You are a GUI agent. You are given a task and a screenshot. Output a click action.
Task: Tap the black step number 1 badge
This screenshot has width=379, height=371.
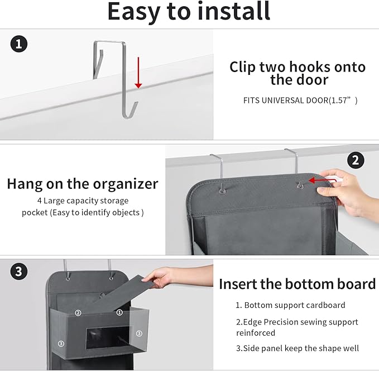(x=20, y=44)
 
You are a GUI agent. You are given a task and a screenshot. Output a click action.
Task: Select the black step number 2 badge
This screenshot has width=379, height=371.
(x=355, y=160)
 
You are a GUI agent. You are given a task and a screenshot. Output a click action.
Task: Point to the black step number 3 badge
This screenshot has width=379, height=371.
(x=20, y=272)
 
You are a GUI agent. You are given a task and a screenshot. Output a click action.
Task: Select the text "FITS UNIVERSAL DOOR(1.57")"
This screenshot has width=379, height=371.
(x=300, y=101)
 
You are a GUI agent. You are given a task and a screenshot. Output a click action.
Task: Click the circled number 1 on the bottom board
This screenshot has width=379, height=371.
(x=119, y=312)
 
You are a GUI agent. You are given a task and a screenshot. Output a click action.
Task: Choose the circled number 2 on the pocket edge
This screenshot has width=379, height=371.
(x=78, y=313)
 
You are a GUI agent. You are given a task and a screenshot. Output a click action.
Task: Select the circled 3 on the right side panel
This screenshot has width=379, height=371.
(x=139, y=333)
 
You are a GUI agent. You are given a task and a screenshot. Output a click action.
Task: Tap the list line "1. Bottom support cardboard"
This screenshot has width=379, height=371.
(x=290, y=306)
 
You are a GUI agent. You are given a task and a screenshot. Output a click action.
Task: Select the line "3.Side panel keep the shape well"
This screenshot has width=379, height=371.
(x=298, y=348)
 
